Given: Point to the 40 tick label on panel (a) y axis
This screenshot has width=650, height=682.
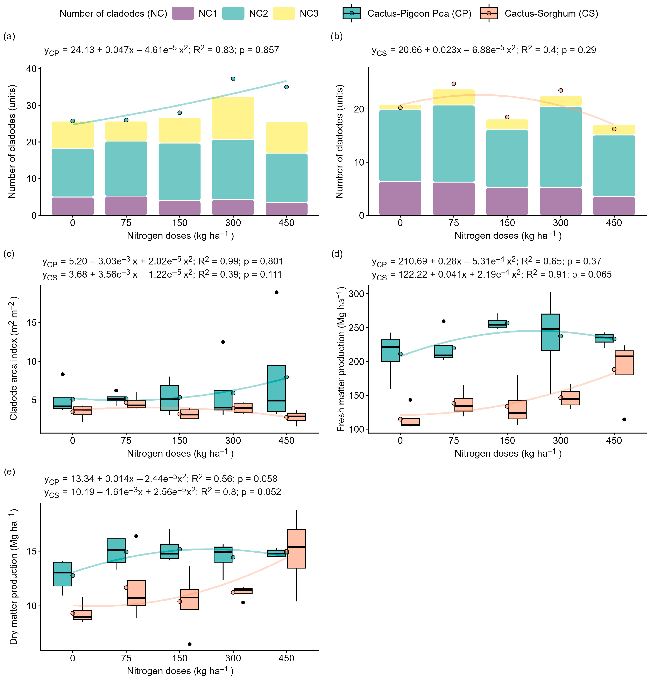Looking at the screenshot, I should tap(31, 69).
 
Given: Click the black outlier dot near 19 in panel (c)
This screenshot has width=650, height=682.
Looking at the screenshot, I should tap(276, 292).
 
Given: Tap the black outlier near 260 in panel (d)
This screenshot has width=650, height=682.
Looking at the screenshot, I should tap(444, 321).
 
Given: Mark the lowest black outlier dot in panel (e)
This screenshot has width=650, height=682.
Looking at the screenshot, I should tap(190, 644).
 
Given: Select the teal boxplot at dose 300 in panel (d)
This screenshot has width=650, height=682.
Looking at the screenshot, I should tap(551, 332).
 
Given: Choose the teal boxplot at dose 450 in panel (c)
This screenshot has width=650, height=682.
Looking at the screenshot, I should tap(276, 388).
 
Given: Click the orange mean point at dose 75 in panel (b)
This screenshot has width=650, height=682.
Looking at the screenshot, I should tap(454, 84).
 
